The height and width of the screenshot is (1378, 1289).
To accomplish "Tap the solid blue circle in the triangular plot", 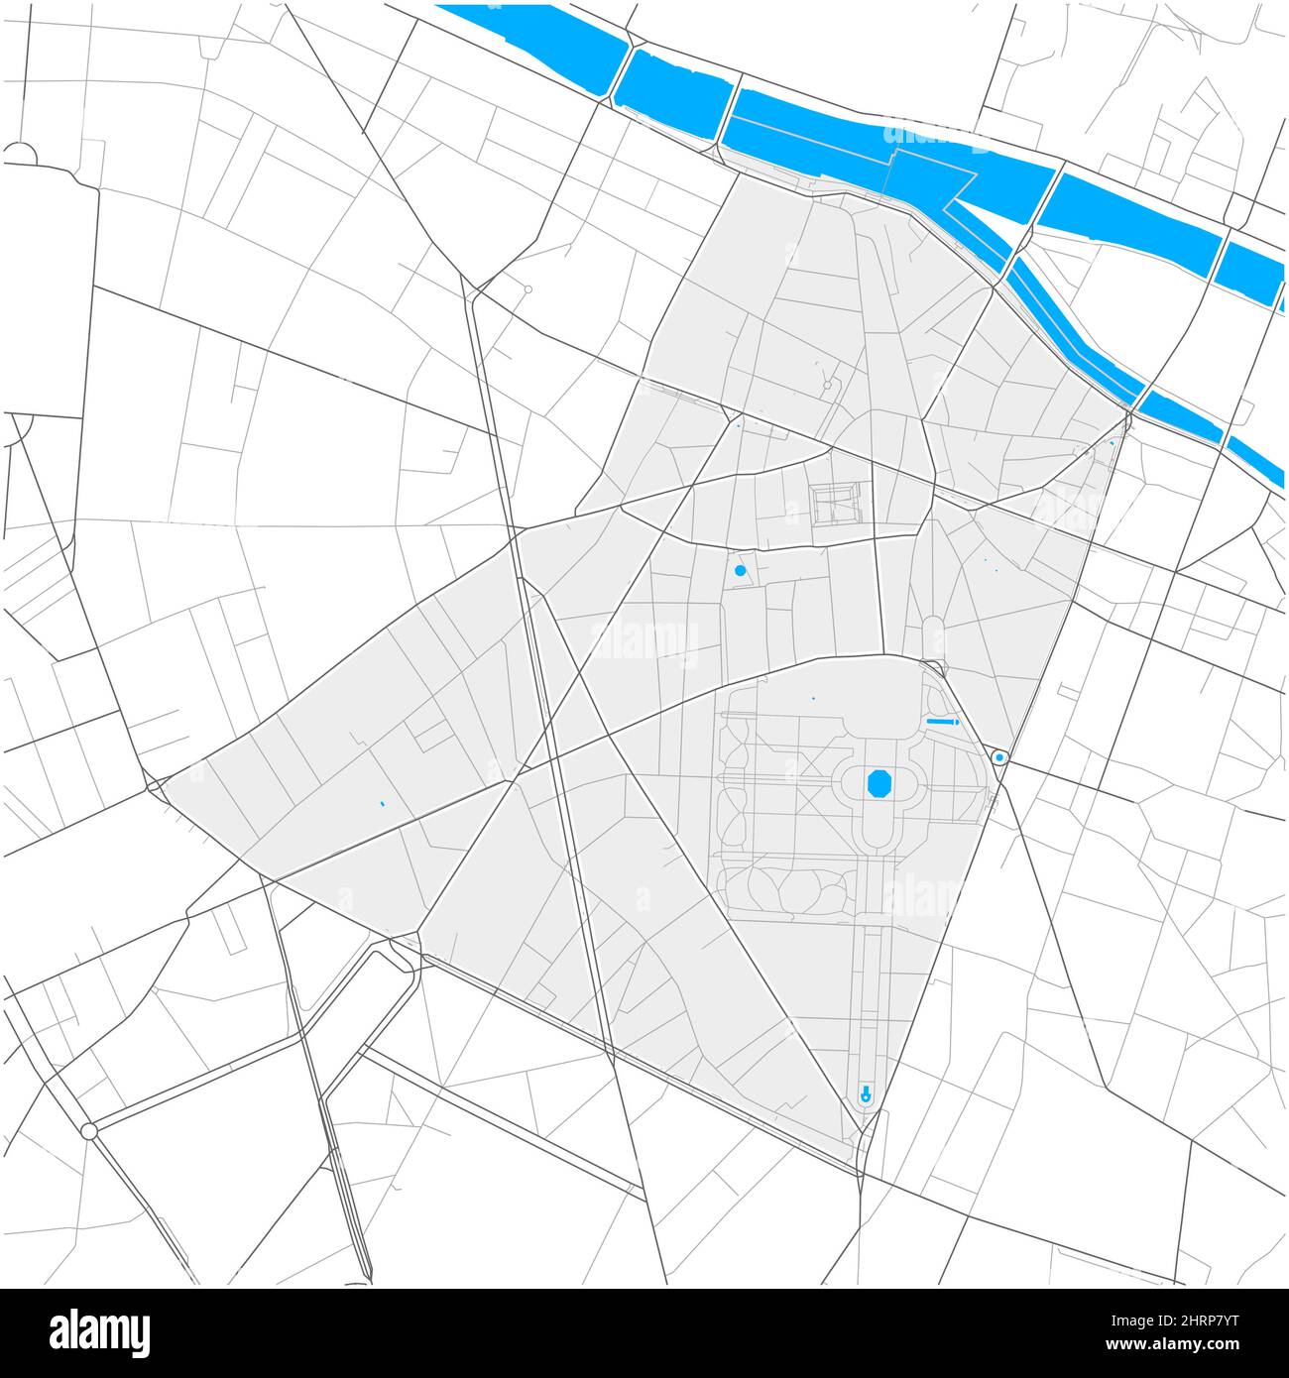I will pyautogui.click(x=740, y=571).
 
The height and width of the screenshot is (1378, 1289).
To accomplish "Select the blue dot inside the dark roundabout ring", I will pyautogui.click(x=999, y=757).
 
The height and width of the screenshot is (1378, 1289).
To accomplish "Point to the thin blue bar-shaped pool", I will pyautogui.click(x=942, y=722).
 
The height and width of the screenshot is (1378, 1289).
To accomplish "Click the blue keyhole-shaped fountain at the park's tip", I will pyautogui.click(x=866, y=1094).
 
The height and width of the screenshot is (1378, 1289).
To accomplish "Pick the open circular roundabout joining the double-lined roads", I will pyautogui.click(x=89, y=1130).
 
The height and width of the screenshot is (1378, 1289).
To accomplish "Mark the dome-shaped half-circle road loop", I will pyautogui.click(x=20, y=153).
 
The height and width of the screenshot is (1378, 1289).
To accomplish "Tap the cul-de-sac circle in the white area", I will pyautogui.click(x=528, y=289).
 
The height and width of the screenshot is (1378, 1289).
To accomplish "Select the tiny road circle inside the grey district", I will pyautogui.click(x=827, y=385).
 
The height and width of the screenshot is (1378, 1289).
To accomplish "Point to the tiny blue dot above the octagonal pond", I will pyautogui.click(x=813, y=699).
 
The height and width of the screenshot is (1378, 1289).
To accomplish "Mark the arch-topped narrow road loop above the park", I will pyautogui.click(x=933, y=634).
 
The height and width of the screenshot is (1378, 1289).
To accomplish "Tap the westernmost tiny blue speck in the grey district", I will pyautogui.click(x=382, y=803).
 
